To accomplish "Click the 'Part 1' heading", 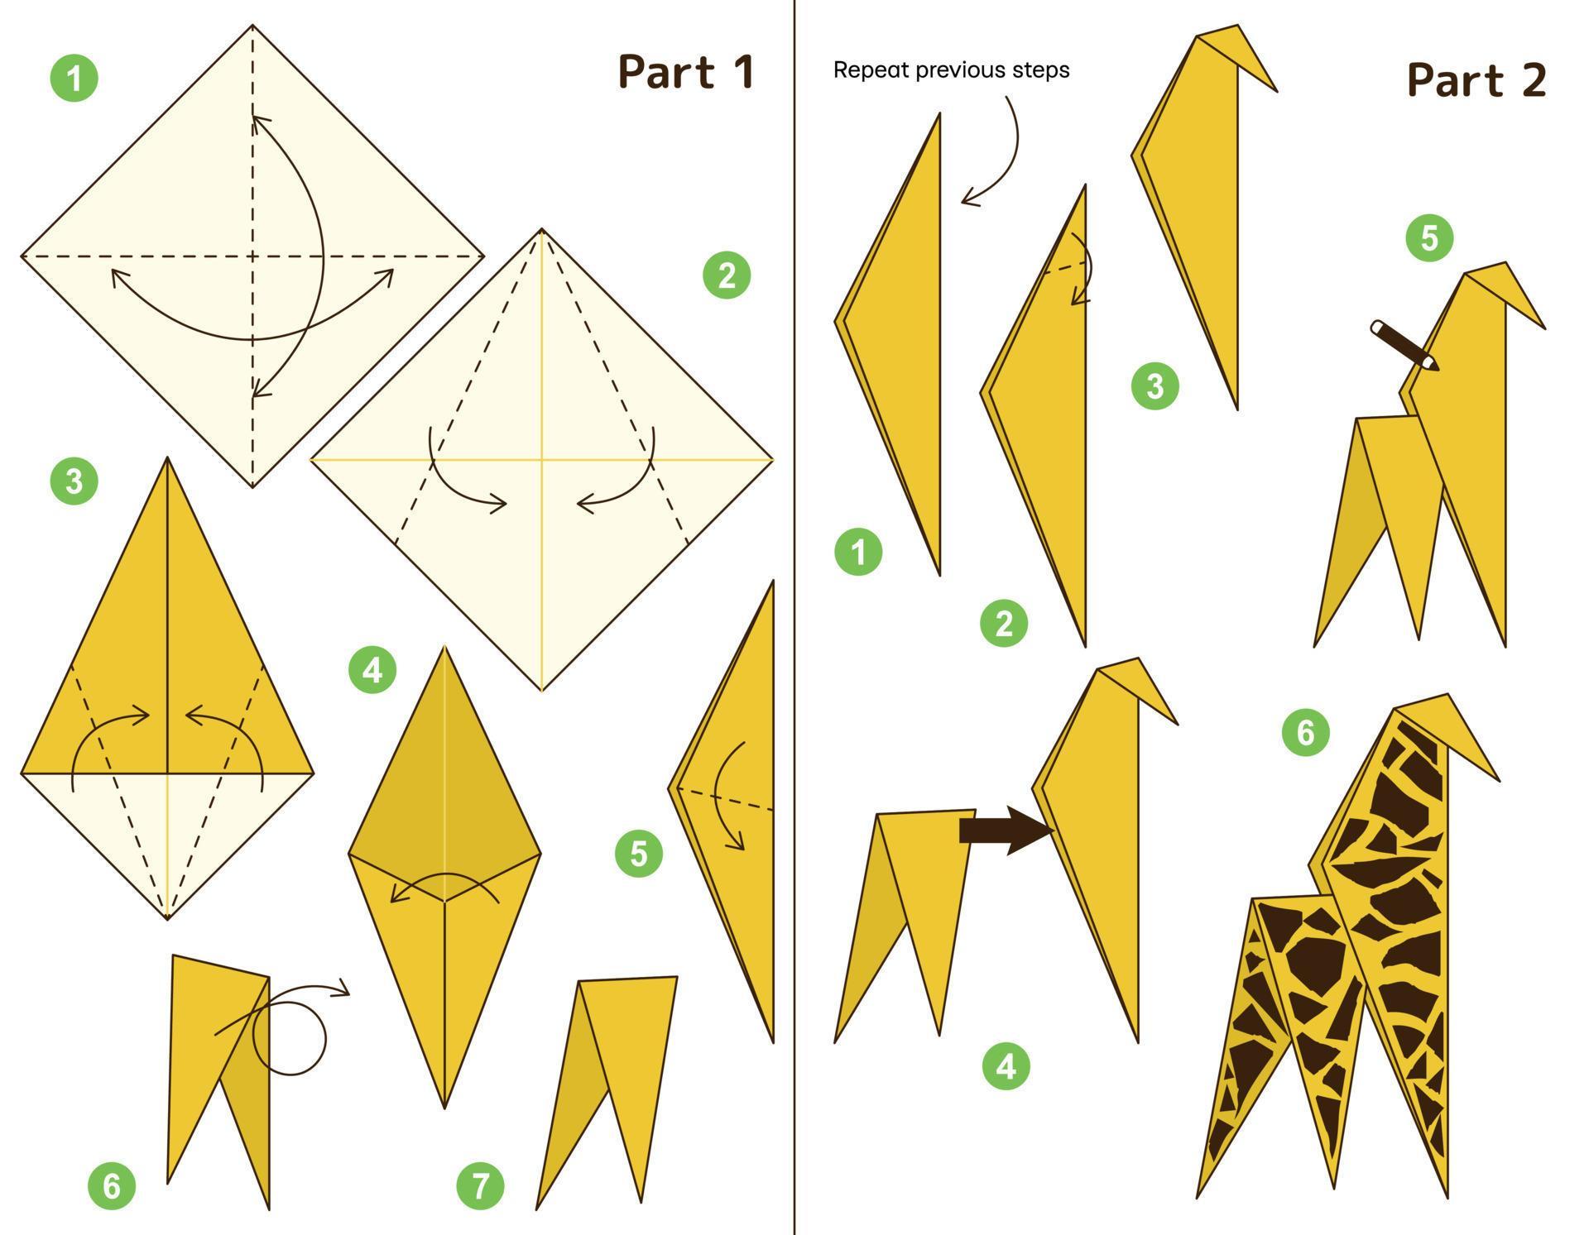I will tap(686, 72).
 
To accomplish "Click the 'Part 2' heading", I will tap(1476, 81).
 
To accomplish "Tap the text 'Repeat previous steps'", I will tap(951, 70).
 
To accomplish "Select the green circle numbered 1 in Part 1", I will tap(74, 79).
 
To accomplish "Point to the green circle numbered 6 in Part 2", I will tap(1305, 732).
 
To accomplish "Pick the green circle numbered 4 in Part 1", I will tap(372, 669).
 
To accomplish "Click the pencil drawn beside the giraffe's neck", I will tap(1404, 345).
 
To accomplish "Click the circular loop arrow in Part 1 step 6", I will tap(289, 1037).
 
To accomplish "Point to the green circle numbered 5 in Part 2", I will tap(1429, 238).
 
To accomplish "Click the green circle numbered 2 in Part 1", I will tap(727, 275).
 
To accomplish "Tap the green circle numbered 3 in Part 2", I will tap(1155, 385).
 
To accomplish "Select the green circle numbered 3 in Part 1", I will tap(74, 481).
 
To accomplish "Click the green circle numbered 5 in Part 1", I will tap(638, 853).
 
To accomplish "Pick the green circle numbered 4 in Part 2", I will tap(1006, 1066).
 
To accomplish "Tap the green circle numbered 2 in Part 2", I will tap(1004, 623).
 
